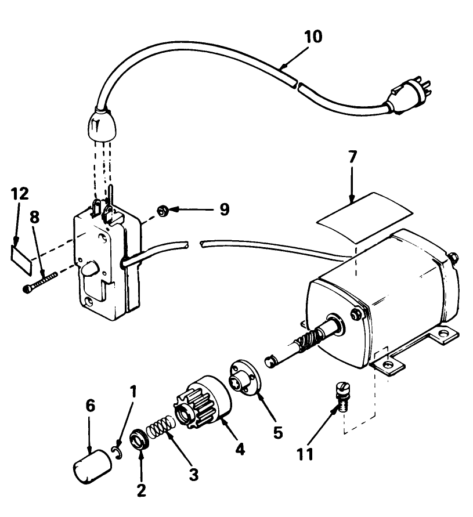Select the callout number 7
(353, 157)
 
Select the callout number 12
(20, 193)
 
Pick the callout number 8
(34, 217)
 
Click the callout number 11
(306, 452)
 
